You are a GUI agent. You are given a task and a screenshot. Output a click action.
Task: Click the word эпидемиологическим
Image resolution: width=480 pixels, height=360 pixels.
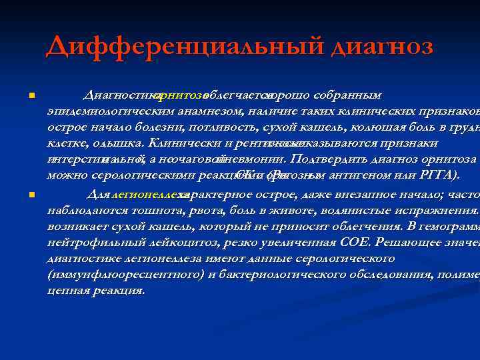tap(109, 111)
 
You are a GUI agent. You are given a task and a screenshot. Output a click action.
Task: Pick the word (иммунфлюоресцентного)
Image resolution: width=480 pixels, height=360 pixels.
tap(125, 275)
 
